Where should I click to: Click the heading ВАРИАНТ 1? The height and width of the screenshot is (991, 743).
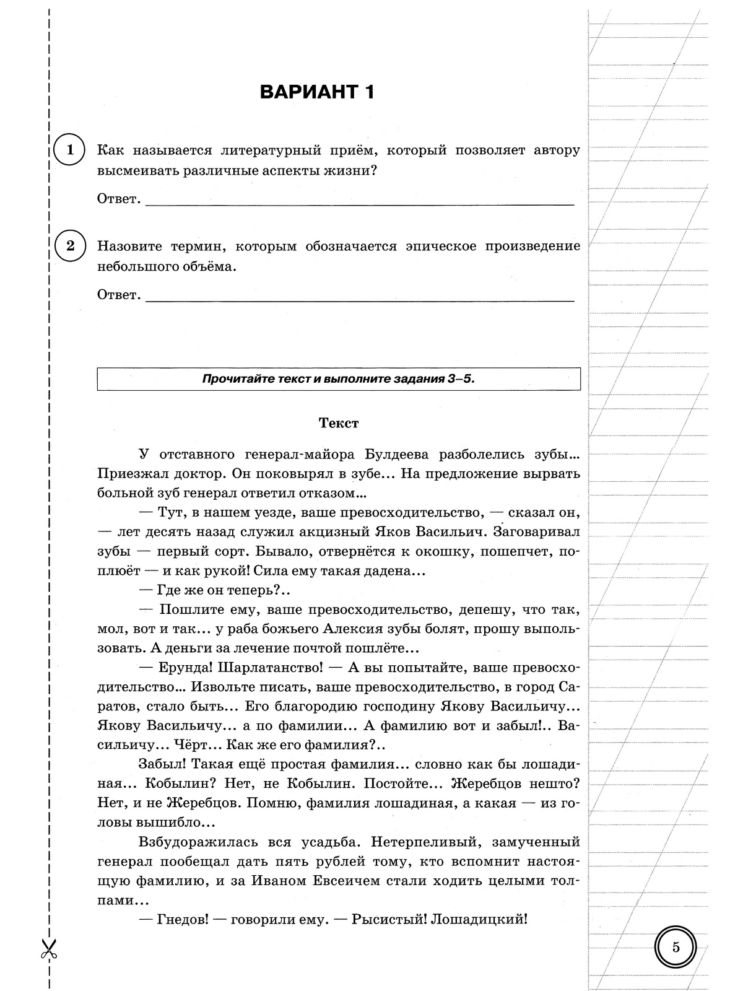click(317, 92)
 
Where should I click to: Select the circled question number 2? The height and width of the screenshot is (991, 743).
click(69, 246)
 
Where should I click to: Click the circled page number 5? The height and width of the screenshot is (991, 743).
click(676, 948)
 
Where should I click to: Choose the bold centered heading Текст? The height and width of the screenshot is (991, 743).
click(339, 423)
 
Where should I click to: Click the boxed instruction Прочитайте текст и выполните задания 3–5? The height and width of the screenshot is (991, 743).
click(339, 379)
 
